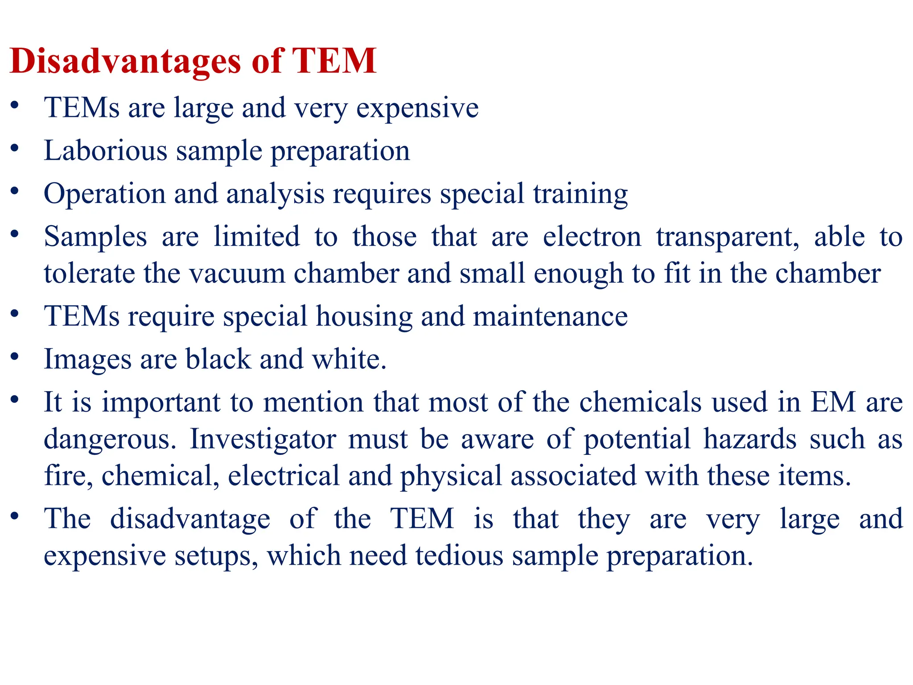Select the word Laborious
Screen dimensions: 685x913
106,151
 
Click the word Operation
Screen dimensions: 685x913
105,194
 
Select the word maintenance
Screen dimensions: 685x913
550,317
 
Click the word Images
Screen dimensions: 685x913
87,359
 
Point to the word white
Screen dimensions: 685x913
349,359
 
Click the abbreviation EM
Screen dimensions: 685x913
833,402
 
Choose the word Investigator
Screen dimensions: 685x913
263,439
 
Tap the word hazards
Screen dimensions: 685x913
750,439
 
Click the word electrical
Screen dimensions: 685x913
284,476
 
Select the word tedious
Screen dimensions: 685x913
459,556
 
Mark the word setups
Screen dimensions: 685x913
216,556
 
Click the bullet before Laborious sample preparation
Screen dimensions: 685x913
15,148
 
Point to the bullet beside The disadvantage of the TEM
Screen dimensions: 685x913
15,516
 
